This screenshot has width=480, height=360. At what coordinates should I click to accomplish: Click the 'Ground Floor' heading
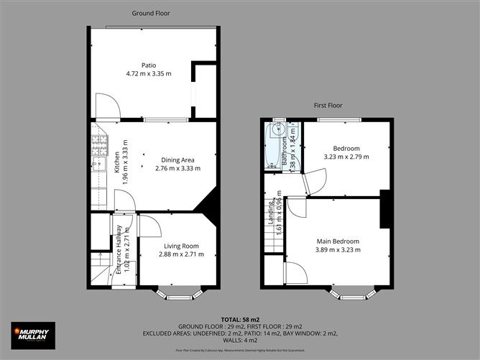pyautogui.click(x=151, y=13)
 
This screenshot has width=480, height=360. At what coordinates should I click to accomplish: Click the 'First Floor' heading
pyautogui.click(x=328, y=105)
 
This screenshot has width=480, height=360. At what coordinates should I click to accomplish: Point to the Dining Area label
pyautogui.click(x=177, y=160)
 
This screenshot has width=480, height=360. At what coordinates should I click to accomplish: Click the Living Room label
pyautogui.click(x=178, y=246)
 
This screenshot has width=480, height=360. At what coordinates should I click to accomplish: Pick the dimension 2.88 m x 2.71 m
pyautogui.click(x=178, y=255)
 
